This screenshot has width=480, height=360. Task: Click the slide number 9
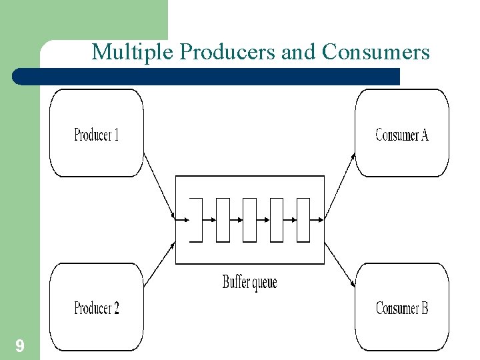point(20,346)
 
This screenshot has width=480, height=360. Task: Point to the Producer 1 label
point(97,135)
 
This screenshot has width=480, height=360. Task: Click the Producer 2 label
point(97,308)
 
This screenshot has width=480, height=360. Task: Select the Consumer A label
point(402,135)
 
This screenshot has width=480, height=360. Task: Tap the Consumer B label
point(402,308)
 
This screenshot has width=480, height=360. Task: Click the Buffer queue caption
point(249,282)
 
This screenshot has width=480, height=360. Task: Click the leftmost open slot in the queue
point(196,220)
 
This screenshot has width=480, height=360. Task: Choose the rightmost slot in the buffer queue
point(303,220)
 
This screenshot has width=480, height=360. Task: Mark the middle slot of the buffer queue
point(249,220)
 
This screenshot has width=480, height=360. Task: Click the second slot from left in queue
point(223,220)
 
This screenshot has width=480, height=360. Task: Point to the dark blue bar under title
point(207,77)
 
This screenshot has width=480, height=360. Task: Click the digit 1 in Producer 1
point(116,135)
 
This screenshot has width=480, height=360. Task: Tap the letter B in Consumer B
point(424,308)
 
